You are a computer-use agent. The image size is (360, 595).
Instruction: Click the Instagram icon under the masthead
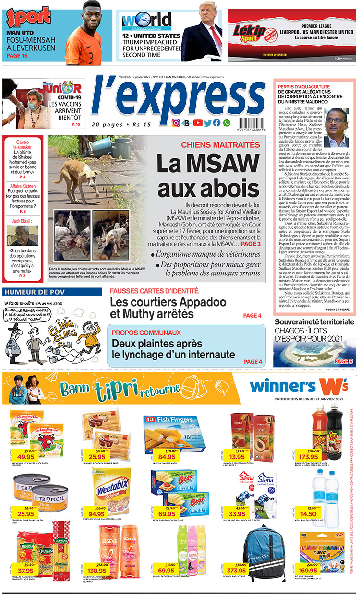click(176, 123)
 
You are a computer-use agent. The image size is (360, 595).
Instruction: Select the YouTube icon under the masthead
click(198, 123)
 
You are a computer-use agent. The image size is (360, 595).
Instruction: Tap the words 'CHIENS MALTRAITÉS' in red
click(220, 145)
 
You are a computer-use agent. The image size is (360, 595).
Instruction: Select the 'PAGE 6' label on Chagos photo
click(343, 361)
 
